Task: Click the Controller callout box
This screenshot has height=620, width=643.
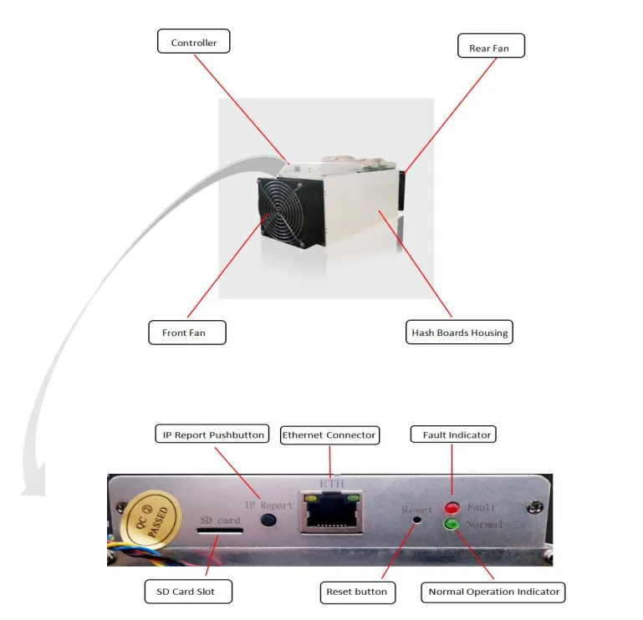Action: [x=193, y=43]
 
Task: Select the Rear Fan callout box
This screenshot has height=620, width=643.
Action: [x=489, y=47]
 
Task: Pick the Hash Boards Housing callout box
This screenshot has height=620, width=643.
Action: [x=459, y=332]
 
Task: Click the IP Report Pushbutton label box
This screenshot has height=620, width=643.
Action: [x=212, y=435]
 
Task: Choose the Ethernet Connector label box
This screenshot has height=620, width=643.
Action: [x=329, y=435]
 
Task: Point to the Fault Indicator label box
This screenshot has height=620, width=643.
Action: [x=452, y=435]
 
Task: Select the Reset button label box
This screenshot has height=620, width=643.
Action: [x=357, y=592]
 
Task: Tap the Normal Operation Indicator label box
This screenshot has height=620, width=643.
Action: [x=493, y=592]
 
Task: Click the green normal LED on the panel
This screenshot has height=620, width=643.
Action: [x=452, y=525]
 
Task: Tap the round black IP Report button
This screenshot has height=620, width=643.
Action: [x=268, y=520]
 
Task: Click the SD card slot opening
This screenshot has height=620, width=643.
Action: [x=220, y=531]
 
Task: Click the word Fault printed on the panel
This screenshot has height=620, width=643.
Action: [x=482, y=507]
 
